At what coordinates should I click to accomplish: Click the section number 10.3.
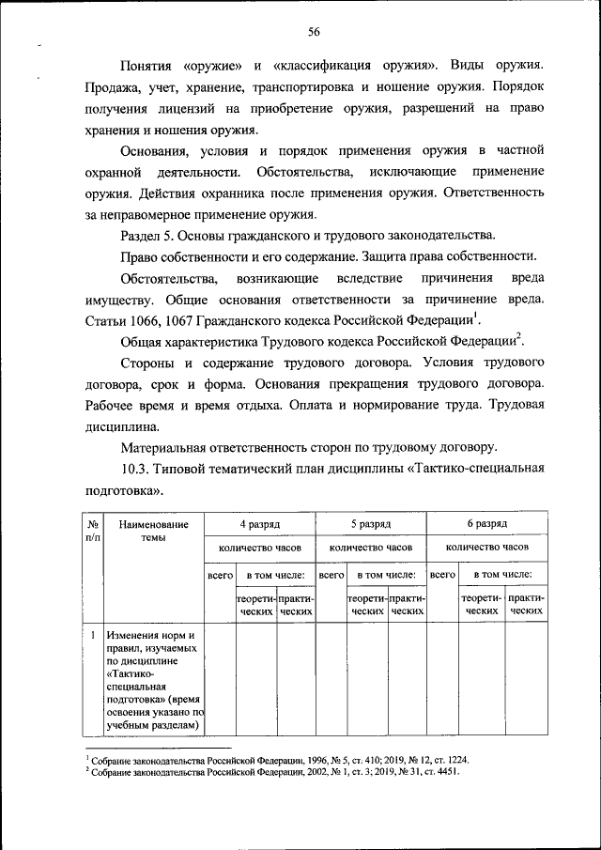[139, 468]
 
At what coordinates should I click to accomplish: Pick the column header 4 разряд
[259, 523]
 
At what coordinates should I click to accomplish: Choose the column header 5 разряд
[371, 523]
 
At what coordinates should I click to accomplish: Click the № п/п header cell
[93, 531]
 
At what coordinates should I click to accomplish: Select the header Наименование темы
[153, 531]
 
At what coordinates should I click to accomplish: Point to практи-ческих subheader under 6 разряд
[526, 604]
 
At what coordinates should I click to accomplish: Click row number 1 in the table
[93, 636]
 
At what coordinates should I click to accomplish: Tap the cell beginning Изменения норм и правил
[153, 680]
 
